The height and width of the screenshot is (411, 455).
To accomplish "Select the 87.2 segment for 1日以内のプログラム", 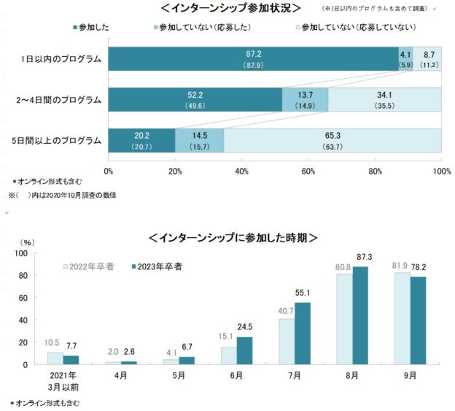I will (x=253, y=58).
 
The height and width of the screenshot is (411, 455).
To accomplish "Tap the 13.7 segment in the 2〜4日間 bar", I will (x=305, y=99).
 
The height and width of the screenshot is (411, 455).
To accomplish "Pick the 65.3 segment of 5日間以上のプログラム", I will (x=332, y=140).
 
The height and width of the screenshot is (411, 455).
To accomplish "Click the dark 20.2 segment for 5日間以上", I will (x=141, y=140).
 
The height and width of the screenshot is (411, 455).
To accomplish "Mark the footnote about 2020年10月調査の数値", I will (x=62, y=195).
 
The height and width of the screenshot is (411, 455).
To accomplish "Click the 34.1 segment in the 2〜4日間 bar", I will (x=384, y=99).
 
